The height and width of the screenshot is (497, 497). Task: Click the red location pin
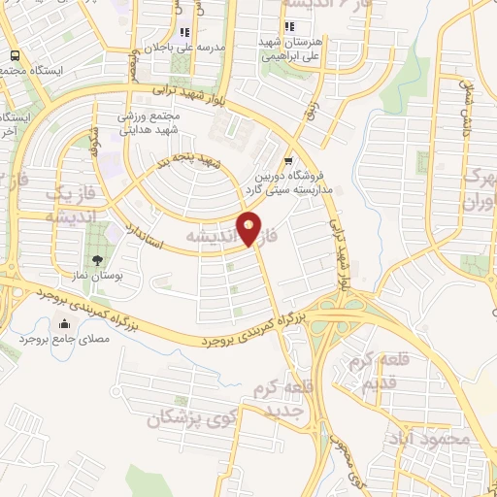(x=250, y=228)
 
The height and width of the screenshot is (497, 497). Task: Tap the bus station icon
(x=17, y=56)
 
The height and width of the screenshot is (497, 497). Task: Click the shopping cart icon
(x=287, y=161)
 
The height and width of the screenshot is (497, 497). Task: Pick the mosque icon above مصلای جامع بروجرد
(x=65, y=324)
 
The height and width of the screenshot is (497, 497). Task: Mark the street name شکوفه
(x=96, y=148)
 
